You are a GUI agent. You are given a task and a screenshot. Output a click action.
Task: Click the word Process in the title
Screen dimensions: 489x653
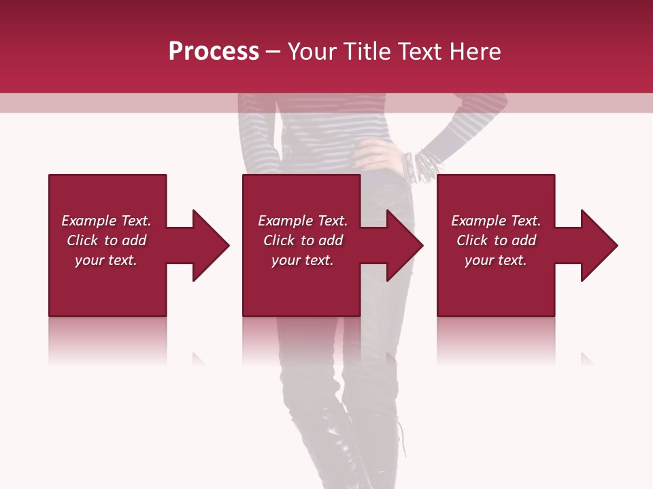click(214, 52)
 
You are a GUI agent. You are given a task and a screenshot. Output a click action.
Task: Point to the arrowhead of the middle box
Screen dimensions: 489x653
click(403, 245)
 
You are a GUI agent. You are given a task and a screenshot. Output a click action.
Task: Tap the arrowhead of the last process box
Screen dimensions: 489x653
click(598, 245)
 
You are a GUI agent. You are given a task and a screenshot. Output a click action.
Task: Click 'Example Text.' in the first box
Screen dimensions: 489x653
click(106, 221)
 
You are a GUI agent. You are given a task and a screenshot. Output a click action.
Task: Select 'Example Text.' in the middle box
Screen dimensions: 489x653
click(303, 221)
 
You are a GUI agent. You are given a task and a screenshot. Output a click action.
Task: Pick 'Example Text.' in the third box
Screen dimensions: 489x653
click(496, 221)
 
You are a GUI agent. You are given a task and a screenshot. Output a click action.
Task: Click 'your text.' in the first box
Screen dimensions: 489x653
click(106, 260)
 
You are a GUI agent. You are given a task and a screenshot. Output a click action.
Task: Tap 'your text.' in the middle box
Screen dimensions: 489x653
click(303, 260)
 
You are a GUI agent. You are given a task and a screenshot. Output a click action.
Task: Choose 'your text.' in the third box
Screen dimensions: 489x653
click(496, 260)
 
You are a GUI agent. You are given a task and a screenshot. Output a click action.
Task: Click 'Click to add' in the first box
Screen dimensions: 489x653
click(106, 240)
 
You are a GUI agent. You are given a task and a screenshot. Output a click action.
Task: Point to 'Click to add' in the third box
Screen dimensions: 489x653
click(496, 240)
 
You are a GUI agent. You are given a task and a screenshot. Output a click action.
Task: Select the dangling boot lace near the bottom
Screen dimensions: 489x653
click(403, 438)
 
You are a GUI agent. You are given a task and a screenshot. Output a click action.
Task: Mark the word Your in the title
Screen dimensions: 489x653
click(313, 52)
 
